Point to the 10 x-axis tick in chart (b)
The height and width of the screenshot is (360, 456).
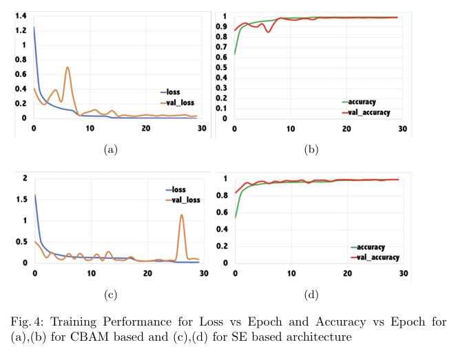coord(291,129)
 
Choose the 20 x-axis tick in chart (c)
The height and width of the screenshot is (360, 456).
coord(145,274)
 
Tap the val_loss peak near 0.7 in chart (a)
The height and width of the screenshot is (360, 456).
coord(68,67)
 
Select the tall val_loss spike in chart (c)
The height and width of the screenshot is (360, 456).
coord(182,215)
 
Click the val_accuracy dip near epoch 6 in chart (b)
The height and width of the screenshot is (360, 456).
coord(269,32)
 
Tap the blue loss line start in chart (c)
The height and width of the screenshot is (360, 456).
coord(34,195)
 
